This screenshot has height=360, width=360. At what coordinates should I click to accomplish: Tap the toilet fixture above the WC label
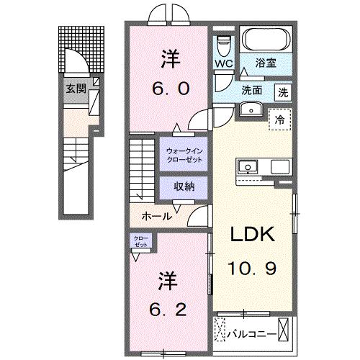click(222, 42)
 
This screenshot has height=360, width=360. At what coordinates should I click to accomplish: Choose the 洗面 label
click(251, 91)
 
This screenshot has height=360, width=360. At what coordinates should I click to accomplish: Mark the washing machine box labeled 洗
click(284, 91)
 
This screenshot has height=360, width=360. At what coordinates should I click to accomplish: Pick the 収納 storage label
click(184, 186)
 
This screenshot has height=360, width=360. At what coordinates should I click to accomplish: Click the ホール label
click(156, 216)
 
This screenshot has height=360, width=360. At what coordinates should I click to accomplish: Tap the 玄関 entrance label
click(76, 89)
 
